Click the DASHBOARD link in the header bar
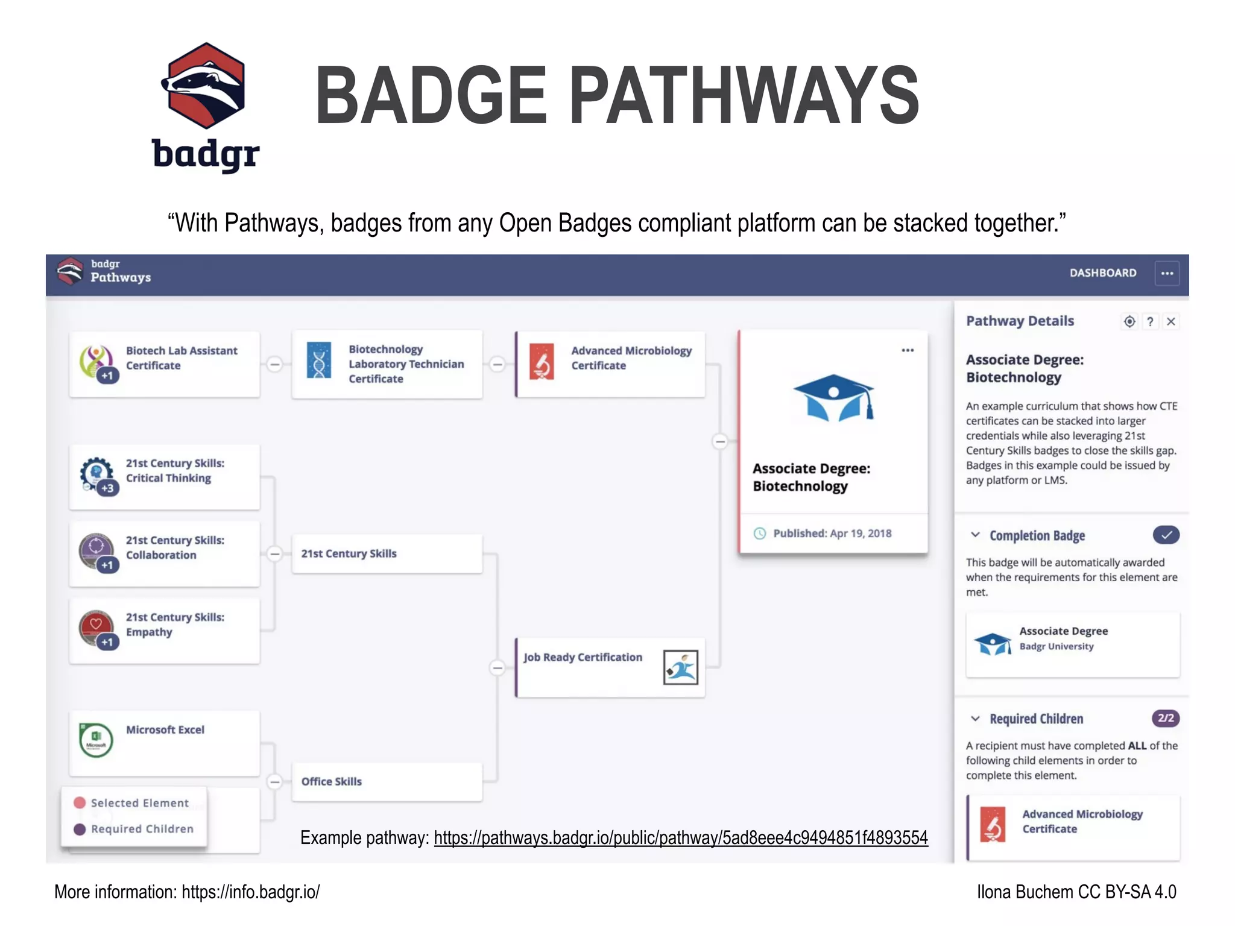coord(1102,273)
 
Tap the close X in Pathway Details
coord(1170,322)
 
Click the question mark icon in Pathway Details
coord(1150,322)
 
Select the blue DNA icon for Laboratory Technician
coord(319,361)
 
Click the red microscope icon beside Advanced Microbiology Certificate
coord(542,362)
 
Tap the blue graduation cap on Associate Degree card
coord(833,397)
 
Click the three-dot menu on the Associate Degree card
coord(908,350)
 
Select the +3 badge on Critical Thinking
coord(107,488)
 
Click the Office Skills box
coord(387,782)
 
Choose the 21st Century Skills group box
coord(387,553)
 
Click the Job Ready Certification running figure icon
coord(680,667)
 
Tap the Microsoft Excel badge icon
coord(96,740)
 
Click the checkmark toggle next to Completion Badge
coord(1166,535)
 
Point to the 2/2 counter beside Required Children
coord(1166,719)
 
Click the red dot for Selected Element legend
coord(80,803)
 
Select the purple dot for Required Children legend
coord(80,830)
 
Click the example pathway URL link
coord(680,838)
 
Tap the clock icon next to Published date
coord(760,534)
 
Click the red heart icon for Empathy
coord(96,625)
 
